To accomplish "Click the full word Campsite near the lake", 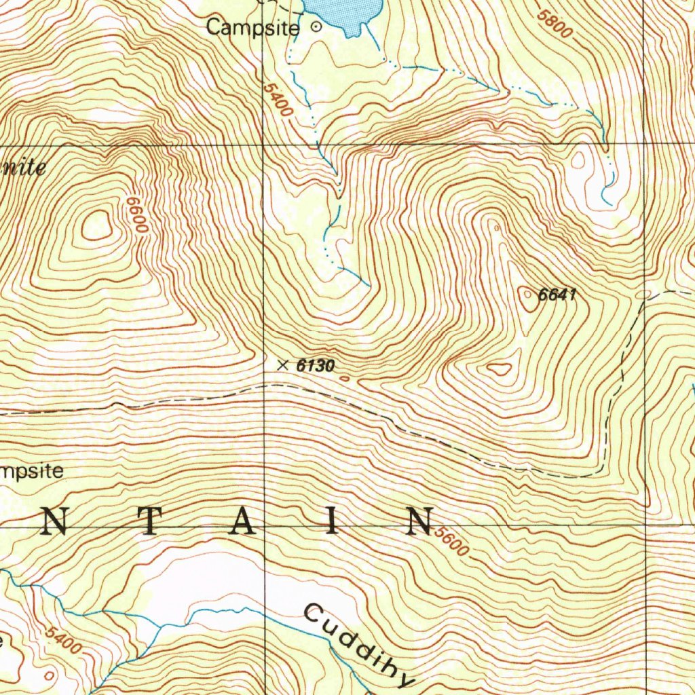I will tap(252, 29).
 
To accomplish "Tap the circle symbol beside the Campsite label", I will tap(316, 27).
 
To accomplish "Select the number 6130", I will tap(316, 367).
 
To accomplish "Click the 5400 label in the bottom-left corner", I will tap(62, 640).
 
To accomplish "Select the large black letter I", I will tap(331, 523).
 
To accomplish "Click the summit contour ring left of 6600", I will tap(97, 225).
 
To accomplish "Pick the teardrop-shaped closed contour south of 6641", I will tap(500, 369).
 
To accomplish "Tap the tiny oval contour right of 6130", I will tap(344, 379).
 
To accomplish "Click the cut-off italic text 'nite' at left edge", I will tap(23, 167).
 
